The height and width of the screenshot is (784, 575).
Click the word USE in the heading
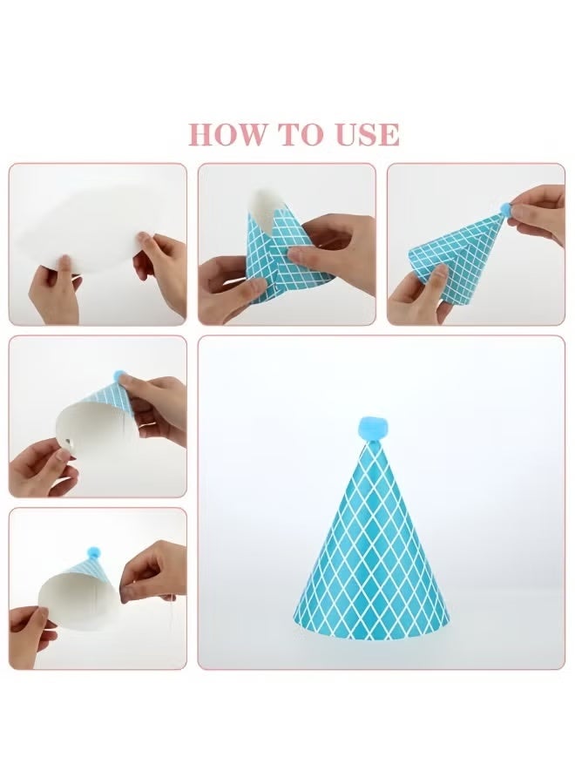pos(368,134)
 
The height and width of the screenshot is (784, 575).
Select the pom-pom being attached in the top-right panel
pos(504,208)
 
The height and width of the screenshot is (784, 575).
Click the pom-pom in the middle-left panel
pos(119,375)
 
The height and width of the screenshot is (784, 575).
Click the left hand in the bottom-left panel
pos(30,635)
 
